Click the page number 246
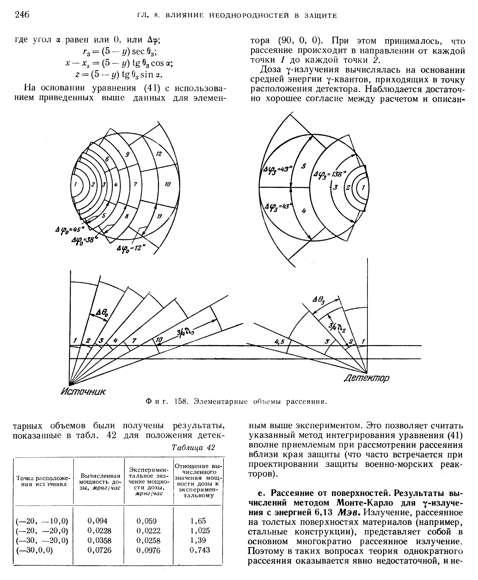tap(22, 14)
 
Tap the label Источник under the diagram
tap(83, 391)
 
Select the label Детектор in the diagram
tap(367, 378)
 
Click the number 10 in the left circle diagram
tap(167, 184)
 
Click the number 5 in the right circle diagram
tap(304, 166)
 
